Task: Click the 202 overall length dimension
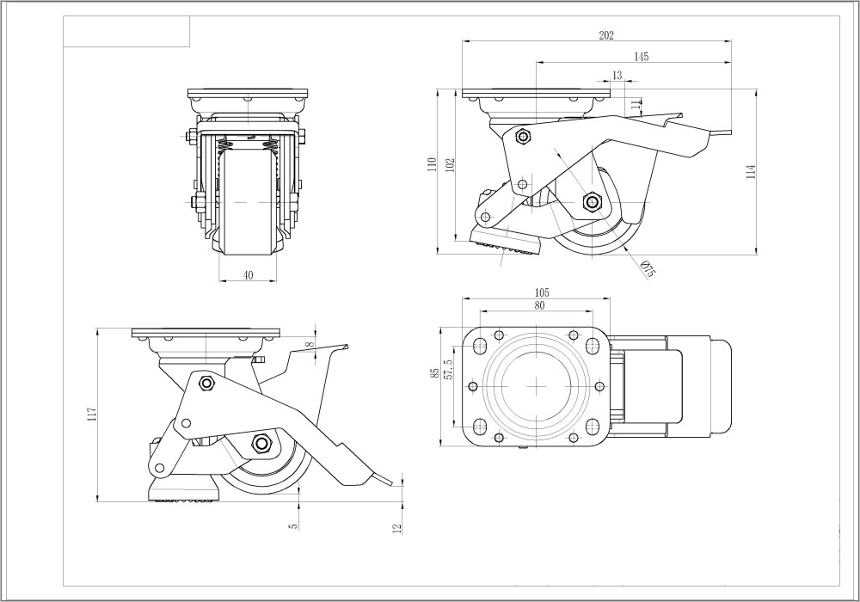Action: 605,35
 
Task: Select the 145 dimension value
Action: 641,57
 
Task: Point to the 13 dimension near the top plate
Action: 617,76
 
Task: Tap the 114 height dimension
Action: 751,170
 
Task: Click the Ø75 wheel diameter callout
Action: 648,268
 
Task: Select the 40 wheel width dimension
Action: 249,275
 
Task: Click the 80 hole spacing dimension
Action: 540,305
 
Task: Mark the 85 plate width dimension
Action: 435,372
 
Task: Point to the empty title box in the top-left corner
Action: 127,32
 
